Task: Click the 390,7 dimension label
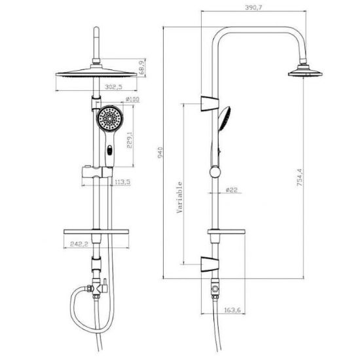click(253, 8)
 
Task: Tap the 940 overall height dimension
click(160, 153)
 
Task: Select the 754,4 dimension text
click(300, 177)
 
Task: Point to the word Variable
click(179, 197)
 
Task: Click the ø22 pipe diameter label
click(232, 190)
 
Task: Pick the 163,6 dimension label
click(232, 310)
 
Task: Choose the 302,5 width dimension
click(114, 87)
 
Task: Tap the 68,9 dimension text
click(142, 67)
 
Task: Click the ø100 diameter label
click(132, 99)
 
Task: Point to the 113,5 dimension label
click(122, 182)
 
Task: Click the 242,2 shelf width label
click(79, 244)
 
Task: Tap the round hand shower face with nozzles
click(110, 118)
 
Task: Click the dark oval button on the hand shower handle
click(110, 151)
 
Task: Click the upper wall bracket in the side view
click(209, 103)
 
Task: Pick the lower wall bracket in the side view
click(209, 264)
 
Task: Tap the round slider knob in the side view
click(215, 172)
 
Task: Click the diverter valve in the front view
click(97, 289)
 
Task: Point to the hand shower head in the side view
click(225, 118)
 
